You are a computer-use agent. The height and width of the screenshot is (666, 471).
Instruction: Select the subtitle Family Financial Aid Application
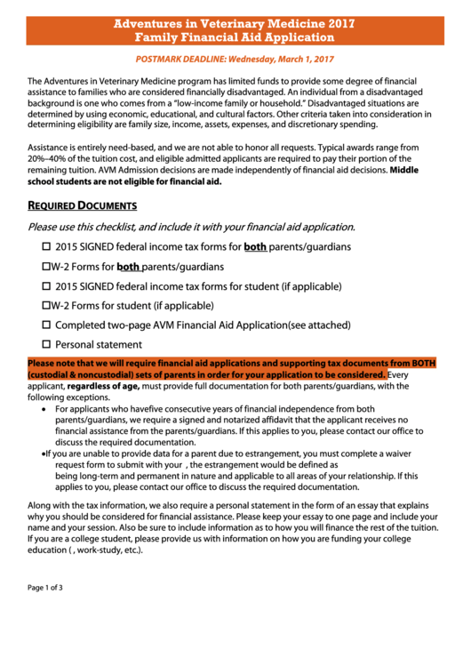[x=235, y=37]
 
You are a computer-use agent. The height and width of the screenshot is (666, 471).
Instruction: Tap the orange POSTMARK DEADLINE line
[x=235, y=59]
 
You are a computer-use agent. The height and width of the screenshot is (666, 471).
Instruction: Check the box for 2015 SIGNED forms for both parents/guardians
[x=47, y=246]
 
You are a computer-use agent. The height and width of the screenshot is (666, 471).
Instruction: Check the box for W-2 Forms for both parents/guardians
[x=47, y=267]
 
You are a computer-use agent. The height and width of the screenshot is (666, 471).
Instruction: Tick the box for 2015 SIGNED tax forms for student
[x=47, y=287]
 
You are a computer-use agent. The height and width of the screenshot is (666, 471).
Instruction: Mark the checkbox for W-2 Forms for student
[x=47, y=306]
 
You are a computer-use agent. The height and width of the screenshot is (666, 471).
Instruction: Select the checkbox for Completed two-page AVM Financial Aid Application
[x=47, y=325]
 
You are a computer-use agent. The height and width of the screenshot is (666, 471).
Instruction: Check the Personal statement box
[x=47, y=345]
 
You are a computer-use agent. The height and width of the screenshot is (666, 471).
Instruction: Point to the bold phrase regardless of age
[x=103, y=387]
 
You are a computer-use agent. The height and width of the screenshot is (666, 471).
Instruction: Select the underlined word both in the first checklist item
[x=255, y=246]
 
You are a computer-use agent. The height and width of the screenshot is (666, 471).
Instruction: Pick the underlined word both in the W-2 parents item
[x=129, y=267]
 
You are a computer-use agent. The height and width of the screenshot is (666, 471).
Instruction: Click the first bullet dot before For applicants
[x=45, y=409]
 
